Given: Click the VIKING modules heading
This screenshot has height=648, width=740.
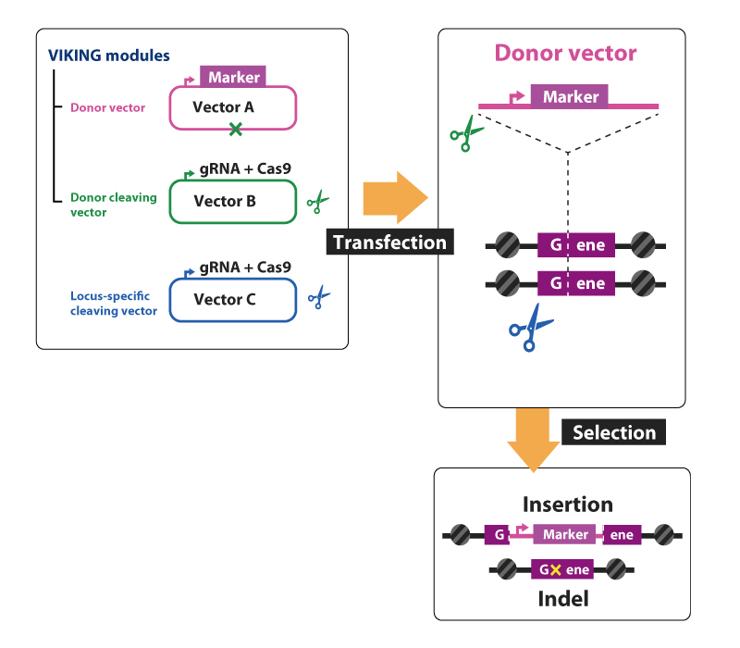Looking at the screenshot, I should click(x=109, y=55).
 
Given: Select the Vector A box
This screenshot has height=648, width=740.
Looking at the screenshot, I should click(x=232, y=107).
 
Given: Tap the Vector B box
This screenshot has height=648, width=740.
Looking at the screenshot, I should click(x=232, y=201).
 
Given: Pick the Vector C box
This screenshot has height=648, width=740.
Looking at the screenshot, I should click(x=232, y=300).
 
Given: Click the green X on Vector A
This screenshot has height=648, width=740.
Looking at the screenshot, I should click(x=236, y=130).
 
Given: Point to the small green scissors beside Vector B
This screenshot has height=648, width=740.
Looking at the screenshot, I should click(x=318, y=200).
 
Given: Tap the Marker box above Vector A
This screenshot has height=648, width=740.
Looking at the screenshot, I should click(x=233, y=78).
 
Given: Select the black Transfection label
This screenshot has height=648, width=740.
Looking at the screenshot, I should click(x=389, y=243).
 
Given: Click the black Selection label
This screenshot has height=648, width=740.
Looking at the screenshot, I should click(x=613, y=432).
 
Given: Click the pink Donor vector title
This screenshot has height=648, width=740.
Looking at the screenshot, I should click(x=565, y=52).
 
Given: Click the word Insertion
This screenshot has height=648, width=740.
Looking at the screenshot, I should click(x=567, y=505).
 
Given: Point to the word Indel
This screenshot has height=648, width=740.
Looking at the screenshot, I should click(x=562, y=599).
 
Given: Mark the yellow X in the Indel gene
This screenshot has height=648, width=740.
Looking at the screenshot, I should click(x=555, y=571).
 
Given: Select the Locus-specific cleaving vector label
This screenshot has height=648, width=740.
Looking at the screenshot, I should click(x=114, y=304).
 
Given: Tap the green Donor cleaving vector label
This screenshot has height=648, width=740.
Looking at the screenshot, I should click(x=114, y=205).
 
